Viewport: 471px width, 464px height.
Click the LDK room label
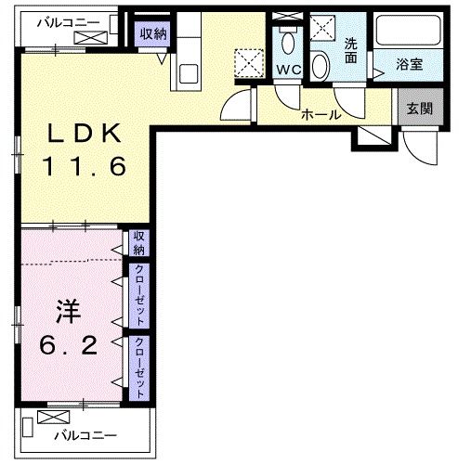click(85, 134)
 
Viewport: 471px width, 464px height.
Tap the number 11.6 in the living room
click(85, 168)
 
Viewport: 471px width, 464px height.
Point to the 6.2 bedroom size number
click(71, 345)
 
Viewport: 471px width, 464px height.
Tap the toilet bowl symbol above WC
click(286, 41)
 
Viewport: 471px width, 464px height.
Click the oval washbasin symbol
click(320, 65)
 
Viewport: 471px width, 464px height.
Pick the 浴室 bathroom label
click(410, 66)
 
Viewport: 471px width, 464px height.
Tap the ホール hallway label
click(321, 115)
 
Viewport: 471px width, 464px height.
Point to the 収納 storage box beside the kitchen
click(154, 34)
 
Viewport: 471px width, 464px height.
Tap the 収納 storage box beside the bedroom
click(139, 243)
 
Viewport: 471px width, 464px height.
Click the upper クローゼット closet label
click(139, 294)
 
